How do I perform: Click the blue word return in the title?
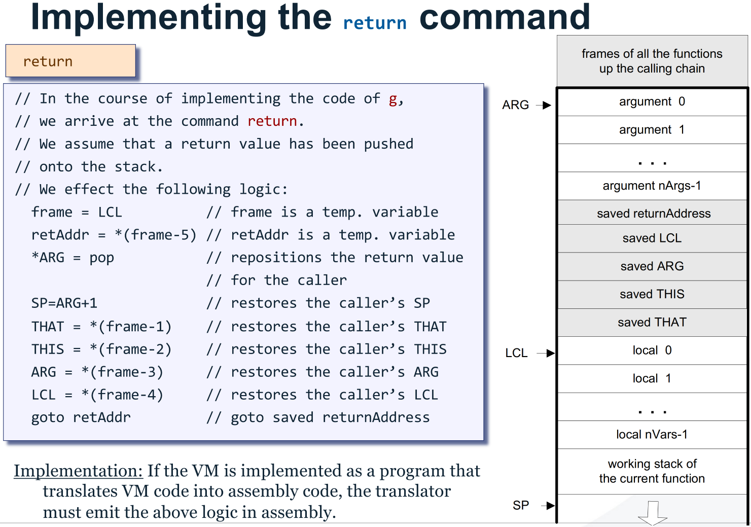click(374, 23)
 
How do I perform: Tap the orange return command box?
click(70, 61)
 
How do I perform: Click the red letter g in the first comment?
click(393, 98)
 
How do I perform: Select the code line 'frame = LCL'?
click(77, 212)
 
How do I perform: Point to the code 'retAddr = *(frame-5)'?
click(114, 235)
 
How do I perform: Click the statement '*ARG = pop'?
click(73, 258)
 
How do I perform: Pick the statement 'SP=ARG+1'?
click(64, 303)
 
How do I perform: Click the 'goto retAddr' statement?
click(81, 417)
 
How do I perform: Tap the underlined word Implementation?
click(78, 471)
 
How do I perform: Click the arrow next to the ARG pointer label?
click(545, 105)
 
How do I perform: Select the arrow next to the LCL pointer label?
click(546, 353)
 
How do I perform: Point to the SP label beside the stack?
click(521, 505)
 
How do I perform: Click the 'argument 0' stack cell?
click(652, 102)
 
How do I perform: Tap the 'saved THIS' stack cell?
click(652, 294)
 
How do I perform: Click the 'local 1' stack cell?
click(652, 378)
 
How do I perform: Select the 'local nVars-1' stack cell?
click(652, 435)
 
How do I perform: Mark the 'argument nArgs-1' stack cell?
click(652, 186)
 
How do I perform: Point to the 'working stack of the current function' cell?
click(652, 471)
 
